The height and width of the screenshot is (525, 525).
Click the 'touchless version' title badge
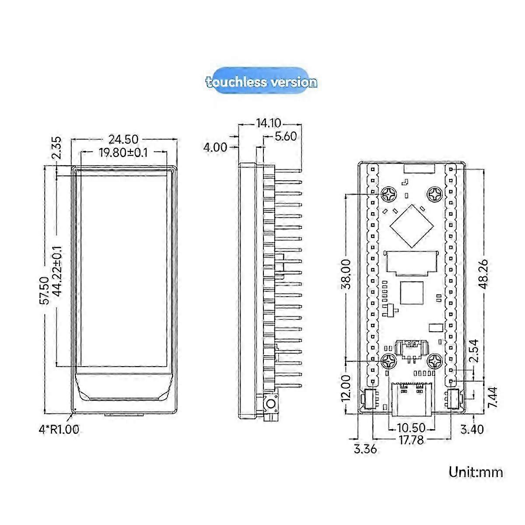pos(261,82)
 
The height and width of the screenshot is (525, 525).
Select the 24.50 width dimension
pos(123,139)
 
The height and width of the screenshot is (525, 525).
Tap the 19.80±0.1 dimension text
pos(123,152)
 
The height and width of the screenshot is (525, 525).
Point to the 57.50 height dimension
pos(44,290)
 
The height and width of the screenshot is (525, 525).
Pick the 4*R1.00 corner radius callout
pos(59,430)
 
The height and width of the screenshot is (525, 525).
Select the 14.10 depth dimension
pos(269,123)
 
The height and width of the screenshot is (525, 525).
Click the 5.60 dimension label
pos(285,136)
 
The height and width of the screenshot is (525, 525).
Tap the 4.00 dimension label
pos(215,147)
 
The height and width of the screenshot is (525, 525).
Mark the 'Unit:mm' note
pos(476,472)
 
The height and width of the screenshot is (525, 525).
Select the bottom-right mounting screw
pos(435,361)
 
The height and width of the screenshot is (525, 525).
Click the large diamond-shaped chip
pos(408,223)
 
